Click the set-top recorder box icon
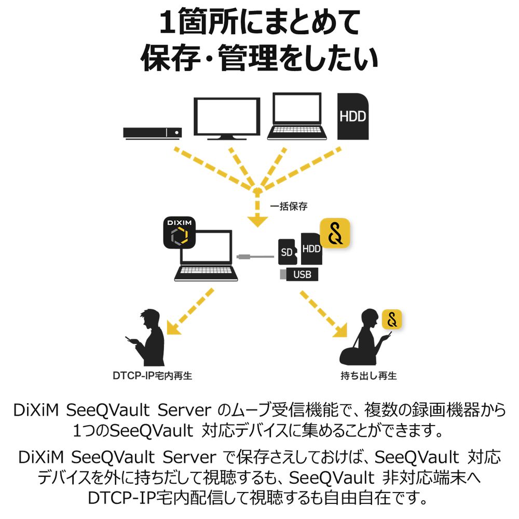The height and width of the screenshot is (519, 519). (153, 133)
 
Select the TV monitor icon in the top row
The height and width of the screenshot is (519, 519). (227, 118)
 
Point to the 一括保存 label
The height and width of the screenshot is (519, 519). (289, 206)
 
